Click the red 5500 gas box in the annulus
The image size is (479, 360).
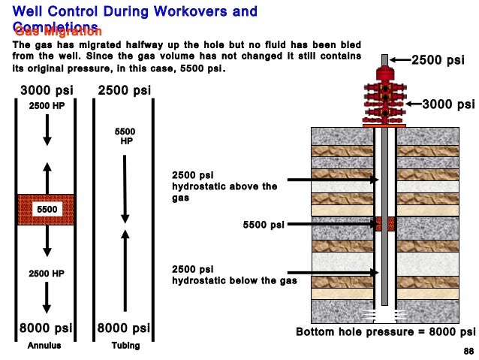(x=46, y=208)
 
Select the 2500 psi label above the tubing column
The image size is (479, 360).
(x=124, y=91)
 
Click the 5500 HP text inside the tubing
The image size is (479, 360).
(x=125, y=136)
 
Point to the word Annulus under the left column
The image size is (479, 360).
(x=44, y=346)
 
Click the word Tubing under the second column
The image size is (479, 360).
(x=124, y=346)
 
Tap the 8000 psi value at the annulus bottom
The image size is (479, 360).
(x=46, y=328)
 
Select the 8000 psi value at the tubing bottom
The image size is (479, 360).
(x=124, y=328)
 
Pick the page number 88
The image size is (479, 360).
(x=468, y=351)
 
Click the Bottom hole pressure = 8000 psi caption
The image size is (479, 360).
(x=385, y=331)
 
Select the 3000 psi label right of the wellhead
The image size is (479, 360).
(x=448, y=104)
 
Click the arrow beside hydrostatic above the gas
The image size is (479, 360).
(x=330, y=180)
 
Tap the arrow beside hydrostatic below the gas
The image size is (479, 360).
(x=330, y=273)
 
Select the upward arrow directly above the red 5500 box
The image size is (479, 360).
(x=47, y=177)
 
